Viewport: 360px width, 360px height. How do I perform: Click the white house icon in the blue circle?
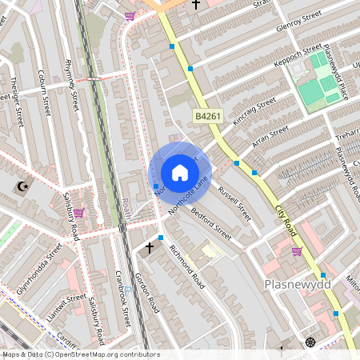[x=179, y=173]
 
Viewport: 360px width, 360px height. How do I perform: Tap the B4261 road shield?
[x=209, y=117]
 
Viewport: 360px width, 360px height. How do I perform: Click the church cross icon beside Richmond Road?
[x=149, y=248]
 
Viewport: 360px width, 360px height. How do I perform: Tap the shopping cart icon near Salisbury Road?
[x=78, y=213]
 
